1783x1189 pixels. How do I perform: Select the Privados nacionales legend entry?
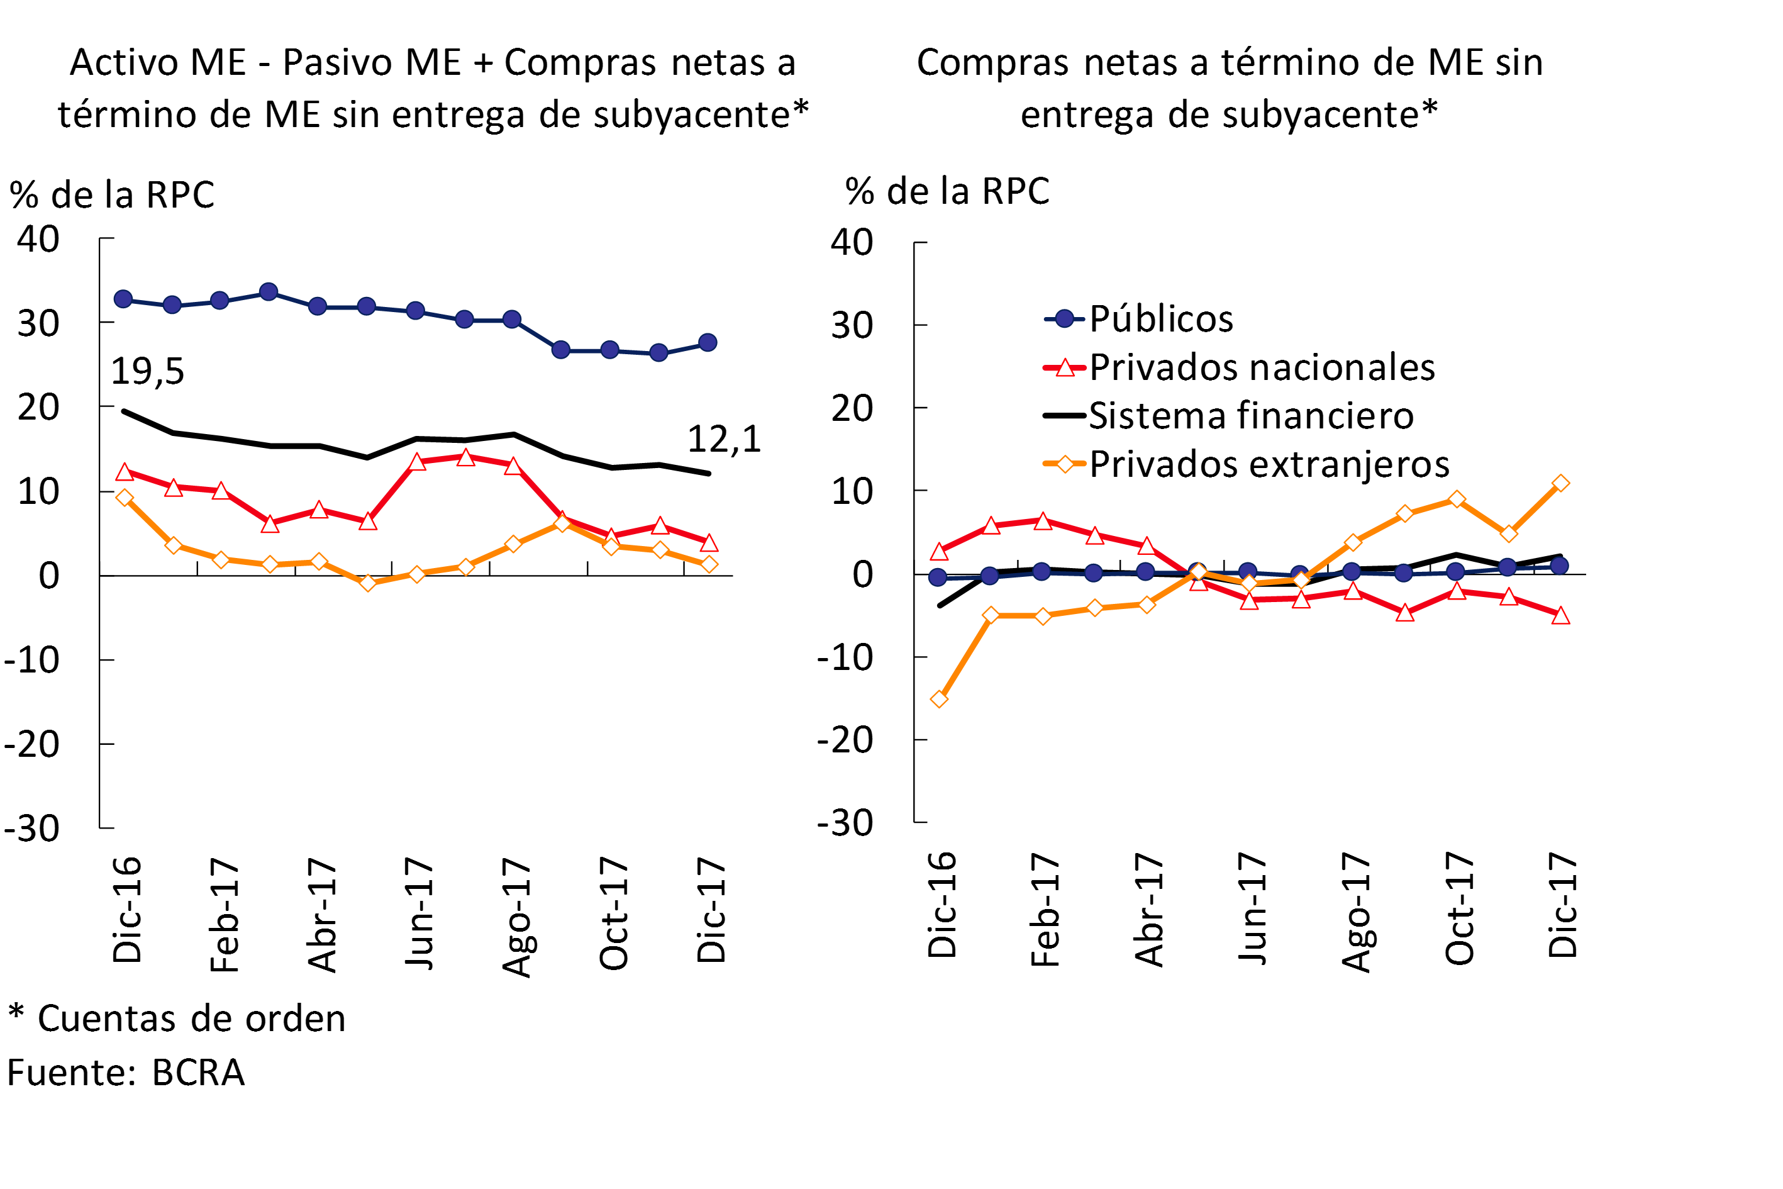1262,368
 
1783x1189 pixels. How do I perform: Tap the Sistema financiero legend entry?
1251,416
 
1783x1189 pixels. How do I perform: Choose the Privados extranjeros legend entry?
1269,464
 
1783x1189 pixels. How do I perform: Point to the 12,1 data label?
723,439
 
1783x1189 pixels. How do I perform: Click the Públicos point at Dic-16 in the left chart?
123,299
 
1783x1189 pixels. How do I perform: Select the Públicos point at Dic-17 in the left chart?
708,343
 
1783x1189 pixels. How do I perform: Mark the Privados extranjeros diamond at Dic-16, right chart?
938,698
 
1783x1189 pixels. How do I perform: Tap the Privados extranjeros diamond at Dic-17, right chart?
1560,483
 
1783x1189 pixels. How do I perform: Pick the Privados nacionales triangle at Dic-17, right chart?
1560,616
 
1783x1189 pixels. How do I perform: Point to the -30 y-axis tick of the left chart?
32,829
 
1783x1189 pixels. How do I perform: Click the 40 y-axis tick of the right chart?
852,243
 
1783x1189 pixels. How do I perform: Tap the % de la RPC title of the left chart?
112,195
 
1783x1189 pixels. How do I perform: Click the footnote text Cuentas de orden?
191,1019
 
